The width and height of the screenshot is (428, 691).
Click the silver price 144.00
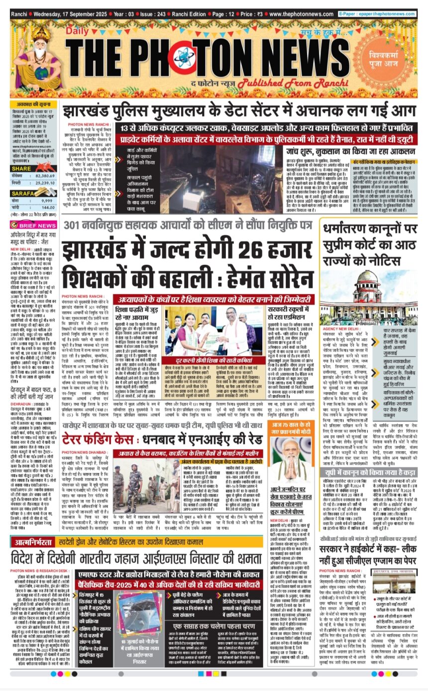pyautogui.click(x=48, y=207)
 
